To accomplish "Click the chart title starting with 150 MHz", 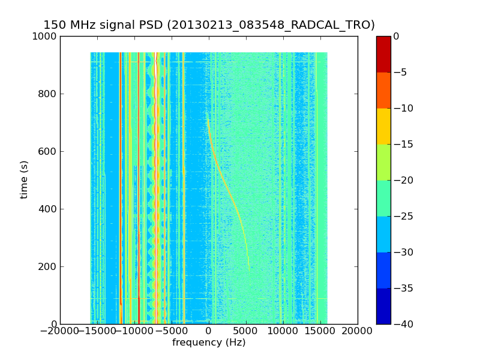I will click(209, 25).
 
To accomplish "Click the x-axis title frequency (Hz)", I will click(209, 343).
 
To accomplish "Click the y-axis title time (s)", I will click(24, 179).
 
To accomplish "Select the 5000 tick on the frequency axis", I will click(246, 331).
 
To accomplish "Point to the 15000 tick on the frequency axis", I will click(320, 331).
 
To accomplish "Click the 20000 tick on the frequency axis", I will click(358, 331).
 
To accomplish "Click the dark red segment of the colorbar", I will click(383, 54).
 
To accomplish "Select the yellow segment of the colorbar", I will click(383, 126).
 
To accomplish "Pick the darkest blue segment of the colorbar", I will click(383, 306).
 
